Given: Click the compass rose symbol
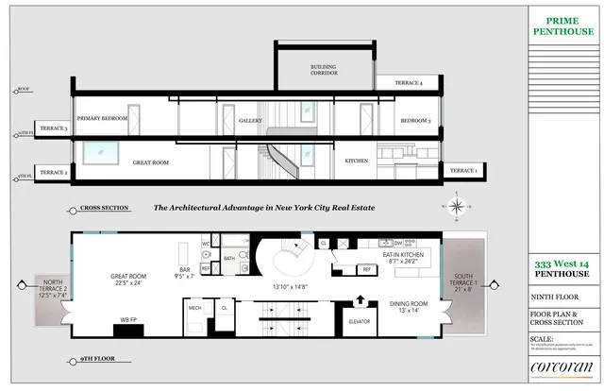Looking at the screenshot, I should coord(456,206).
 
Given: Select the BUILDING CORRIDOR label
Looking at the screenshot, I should coord(325,70).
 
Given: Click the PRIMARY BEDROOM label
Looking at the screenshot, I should coord(101,119).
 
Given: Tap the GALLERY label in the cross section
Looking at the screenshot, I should coord(249,121).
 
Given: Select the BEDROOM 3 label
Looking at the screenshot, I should coord(415,121).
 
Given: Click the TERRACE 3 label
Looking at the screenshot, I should coord(53,127).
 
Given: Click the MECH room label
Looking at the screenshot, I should coord(195,308).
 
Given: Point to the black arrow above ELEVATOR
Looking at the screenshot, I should coord(359,301).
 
